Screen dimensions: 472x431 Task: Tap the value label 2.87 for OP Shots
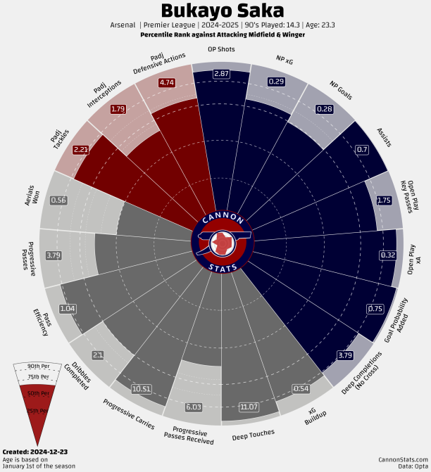[x=222, y=74]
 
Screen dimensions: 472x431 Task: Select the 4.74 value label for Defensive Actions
[x=167, y=83]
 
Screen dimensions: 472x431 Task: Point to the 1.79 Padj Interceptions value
[x=118, y=109]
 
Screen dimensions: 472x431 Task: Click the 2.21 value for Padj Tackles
[x=81, y=149]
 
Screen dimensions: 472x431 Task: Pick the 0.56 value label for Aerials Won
[x=58, y=200]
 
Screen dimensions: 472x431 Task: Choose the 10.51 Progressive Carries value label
[x=142, y=388]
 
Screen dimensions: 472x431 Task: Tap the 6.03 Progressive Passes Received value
[x=194, y=407]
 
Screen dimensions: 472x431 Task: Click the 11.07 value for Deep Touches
[x=249, y=407]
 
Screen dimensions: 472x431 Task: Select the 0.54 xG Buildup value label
[x=301, y=388]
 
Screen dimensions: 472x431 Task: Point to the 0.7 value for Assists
[x=363, y=149]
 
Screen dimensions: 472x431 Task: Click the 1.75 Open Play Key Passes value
[x=385, y=200]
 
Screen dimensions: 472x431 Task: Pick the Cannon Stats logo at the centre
[x=222, y=241]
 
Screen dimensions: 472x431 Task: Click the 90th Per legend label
[x=39, y=366]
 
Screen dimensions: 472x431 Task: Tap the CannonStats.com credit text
[x=402, y=458]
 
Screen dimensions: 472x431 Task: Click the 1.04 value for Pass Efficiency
[x=68, y=308]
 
